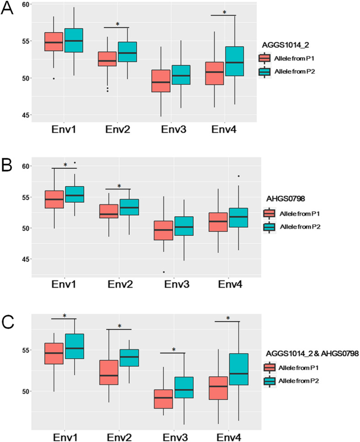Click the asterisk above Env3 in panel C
point(174,350)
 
